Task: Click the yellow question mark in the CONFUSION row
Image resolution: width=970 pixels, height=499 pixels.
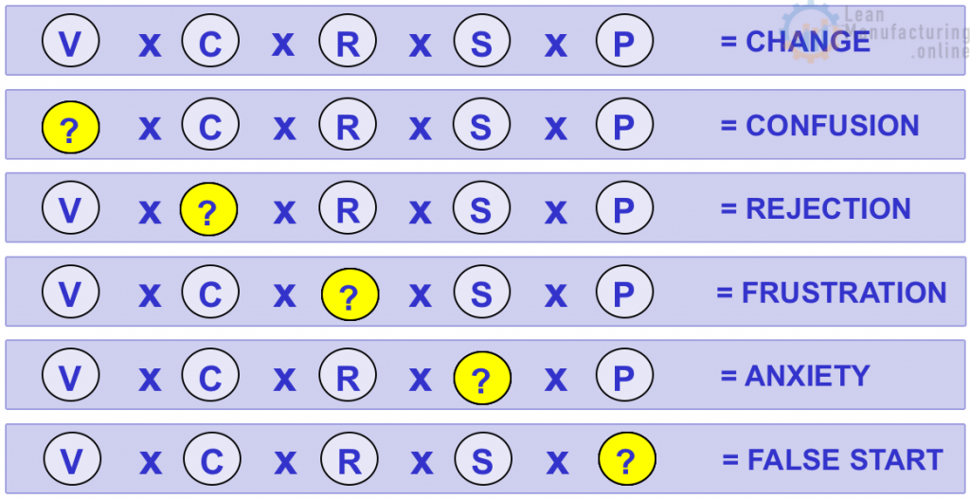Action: coord(70,128)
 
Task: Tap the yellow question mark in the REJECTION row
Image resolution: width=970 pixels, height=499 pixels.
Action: coord(208,210)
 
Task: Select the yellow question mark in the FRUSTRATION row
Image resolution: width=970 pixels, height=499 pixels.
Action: coord(350,294)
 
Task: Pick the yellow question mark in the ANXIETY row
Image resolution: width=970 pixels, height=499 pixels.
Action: coord(481,378)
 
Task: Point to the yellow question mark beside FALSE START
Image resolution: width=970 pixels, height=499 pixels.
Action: coord(626,461)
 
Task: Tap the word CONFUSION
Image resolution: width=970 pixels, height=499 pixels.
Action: coord(832,126)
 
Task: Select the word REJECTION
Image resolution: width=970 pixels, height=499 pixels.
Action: coord(828,209)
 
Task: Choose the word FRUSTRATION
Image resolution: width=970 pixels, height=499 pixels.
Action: coord(844,293)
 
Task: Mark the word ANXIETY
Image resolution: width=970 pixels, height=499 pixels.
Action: coord(807,376)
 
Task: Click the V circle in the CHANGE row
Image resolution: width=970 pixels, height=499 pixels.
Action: coord(70,44)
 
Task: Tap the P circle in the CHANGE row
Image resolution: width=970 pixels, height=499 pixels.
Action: coord(624,44)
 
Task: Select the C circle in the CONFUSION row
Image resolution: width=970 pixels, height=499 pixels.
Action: coord(209,127)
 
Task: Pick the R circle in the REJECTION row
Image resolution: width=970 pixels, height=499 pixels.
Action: coord(348,210)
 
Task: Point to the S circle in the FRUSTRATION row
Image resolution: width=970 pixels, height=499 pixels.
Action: coord(481,294)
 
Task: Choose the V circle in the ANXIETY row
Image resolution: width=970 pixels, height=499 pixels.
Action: coord(70,378)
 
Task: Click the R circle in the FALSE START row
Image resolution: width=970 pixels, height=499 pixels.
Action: coord(350,461)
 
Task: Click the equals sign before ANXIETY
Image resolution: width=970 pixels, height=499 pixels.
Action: coord(727,377)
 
